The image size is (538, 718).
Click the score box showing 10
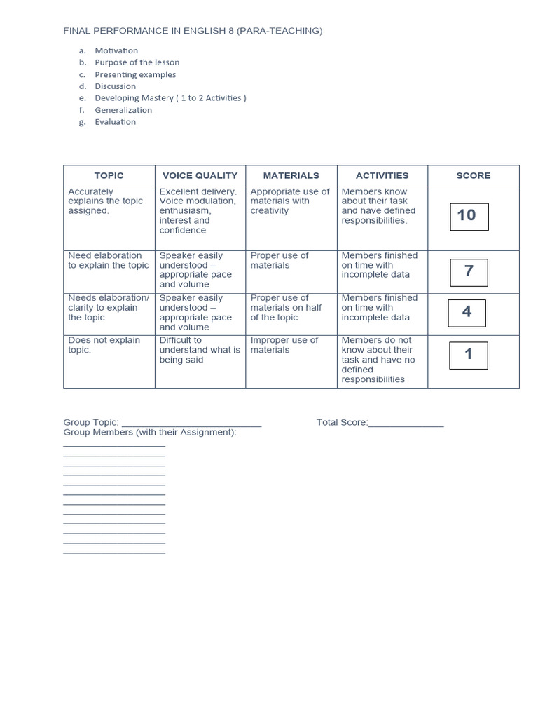(469, 216)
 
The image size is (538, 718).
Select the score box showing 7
(469, 272)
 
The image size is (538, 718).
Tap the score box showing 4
(467, 313)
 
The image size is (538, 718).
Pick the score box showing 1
(469, 355)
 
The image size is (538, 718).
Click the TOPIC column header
(109, 176)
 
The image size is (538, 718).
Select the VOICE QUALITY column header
(200, 176)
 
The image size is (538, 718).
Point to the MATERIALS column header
(291, 176)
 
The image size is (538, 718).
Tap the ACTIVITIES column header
(382, 176)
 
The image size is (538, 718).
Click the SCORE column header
(474, 176)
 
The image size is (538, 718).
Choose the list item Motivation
(116, 50)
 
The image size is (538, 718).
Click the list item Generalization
(123, 110)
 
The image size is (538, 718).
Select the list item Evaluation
(116, 122)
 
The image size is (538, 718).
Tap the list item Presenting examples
(135, 74)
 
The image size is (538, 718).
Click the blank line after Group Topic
(191, 424)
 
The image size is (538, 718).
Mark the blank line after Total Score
(406, 424)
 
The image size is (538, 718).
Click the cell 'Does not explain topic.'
(104, 345)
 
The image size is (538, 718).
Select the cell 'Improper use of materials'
(284, 345)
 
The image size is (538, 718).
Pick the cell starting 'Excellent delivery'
(198, 210)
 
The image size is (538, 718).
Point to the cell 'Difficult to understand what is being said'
(199, 350)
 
